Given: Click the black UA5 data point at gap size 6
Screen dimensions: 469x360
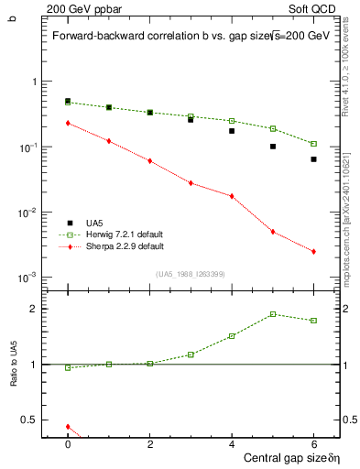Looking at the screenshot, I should (x=313, y=159).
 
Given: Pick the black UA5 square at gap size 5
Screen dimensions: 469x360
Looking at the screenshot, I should (x=273, y=147).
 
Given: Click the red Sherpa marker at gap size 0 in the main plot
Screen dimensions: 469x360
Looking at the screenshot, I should (x=68, y=123).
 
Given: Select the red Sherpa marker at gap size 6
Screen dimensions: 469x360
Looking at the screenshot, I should (x=313, y=252).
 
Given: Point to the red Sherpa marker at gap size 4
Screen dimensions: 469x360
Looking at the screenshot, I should (x=232, y=196).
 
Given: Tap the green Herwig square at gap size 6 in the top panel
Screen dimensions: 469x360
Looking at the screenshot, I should (x=313, y=144).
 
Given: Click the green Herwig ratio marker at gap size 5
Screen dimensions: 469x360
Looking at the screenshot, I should (x=273, y=314).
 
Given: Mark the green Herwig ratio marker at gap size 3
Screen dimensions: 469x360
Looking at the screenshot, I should (x=191, y=354).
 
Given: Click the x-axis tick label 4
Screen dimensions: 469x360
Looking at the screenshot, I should (x=232, y=444).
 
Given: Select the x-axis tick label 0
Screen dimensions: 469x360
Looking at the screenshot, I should (x=68, y=444).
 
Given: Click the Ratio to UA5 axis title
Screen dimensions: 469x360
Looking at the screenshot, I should (x=14, y=377).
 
